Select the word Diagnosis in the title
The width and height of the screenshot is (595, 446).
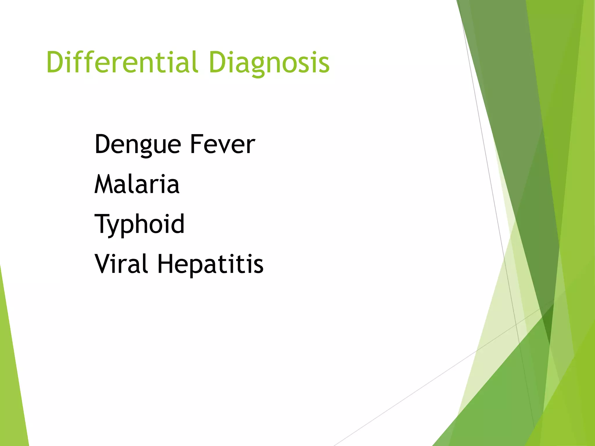(269, 62)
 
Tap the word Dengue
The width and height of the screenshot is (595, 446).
(138, 144)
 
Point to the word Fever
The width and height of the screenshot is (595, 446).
(222, 144)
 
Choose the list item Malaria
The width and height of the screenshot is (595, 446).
(137, 184)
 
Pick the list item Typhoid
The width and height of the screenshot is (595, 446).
(139, 224)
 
